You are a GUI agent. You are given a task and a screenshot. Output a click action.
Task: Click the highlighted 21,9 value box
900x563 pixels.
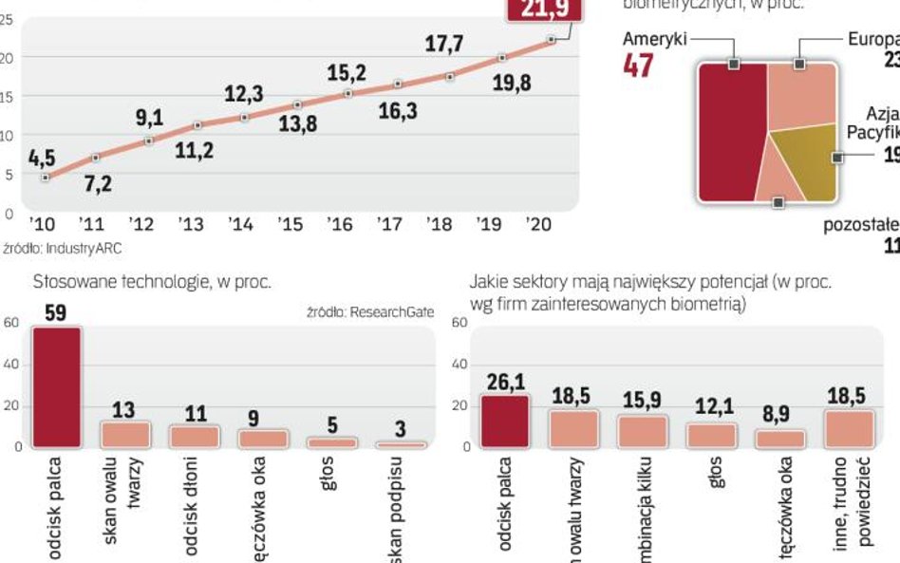[x=537, y=9]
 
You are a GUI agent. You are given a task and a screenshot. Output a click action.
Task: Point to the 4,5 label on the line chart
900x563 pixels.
[x=41, y=158]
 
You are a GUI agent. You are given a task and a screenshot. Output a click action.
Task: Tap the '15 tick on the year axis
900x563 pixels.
[x=291, y=224]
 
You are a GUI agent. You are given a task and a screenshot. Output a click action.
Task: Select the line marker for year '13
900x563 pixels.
[x=197, y=125]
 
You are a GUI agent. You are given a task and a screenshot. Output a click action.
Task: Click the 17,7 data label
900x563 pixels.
[x=443, y=45]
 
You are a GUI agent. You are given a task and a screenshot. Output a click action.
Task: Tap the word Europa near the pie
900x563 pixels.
[x=874, y=39]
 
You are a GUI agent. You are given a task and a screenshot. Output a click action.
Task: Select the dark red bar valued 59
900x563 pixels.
[x=57, y=386]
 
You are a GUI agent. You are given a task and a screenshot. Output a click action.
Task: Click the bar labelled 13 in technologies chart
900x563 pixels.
[x=125, y=435]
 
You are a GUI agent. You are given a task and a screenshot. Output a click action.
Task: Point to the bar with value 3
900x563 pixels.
[x=401, y=443]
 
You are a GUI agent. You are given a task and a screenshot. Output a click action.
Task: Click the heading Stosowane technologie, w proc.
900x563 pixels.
[x=152, y=282]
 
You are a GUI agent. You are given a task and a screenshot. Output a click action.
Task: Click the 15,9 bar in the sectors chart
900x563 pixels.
[x=641, y=431]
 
